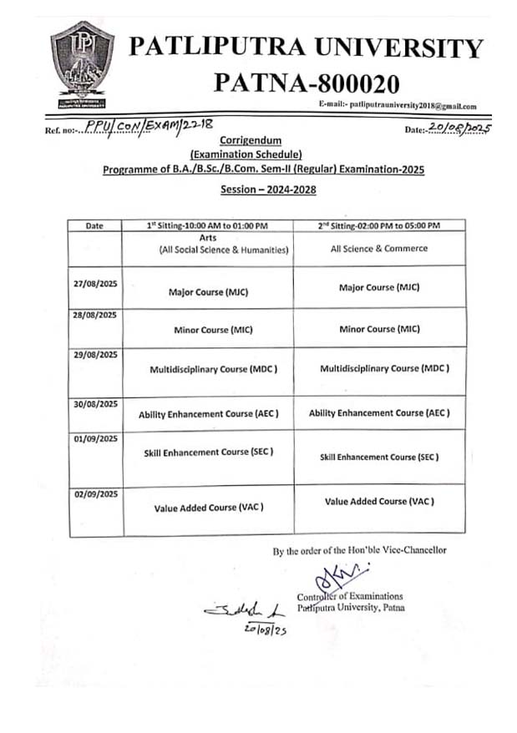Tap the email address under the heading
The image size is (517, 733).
(x=398, y=107)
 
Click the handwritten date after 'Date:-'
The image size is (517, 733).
(x=459, y=128)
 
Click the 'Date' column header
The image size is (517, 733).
(x=94, y=226)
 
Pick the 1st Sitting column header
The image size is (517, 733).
(x=207, y=226)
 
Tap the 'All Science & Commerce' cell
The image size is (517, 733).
(x=379, y=248)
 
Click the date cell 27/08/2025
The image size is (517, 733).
(x=95, y=285)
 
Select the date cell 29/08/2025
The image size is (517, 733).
(x=95, y=355)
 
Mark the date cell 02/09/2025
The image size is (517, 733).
(x=95, y=494)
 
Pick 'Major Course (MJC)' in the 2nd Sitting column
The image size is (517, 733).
(x=378, y=287)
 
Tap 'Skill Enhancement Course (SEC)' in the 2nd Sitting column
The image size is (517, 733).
(x=379, y=457)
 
